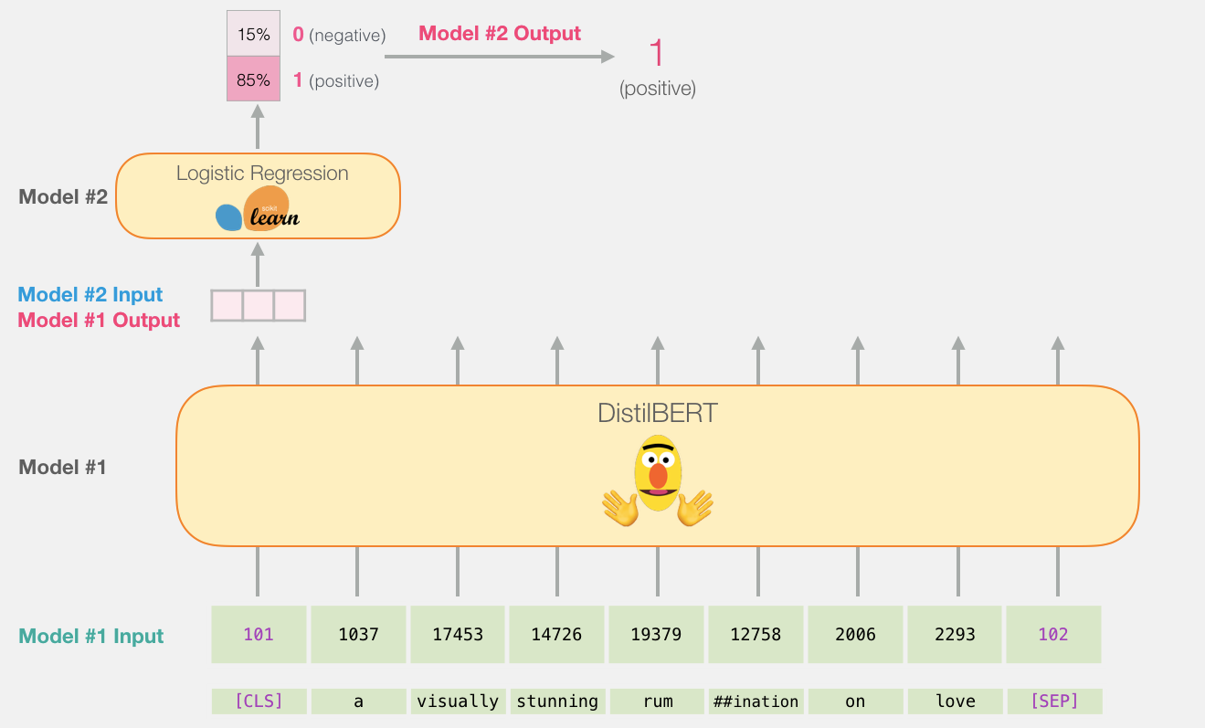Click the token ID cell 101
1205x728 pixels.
[x=258, y=634]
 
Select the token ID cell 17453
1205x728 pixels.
[x=457, y=634]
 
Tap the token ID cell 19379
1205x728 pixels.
[x=656, y=634]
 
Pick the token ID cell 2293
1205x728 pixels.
[x=955, y=634]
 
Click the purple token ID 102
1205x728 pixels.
[x=1053, y=634]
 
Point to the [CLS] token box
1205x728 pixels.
[x=259, y=702]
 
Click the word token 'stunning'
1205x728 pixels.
[x=557, y=702]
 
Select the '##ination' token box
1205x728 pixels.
[x=756, y=702]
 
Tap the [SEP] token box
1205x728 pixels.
[x=1053, y=702]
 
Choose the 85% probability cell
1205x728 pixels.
[x=252, y=79]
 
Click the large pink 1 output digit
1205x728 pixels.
[x=656, y=55]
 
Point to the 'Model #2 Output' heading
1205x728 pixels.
[x=500, y=34]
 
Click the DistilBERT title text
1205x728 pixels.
[x=658, y=413]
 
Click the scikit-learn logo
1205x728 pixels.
[x=258, y=210]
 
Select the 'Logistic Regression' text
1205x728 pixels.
[x=262, y=173]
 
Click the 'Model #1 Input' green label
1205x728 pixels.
[x=91, y=637]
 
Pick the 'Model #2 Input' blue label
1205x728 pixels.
[x=90, y=294]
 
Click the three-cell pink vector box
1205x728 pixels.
[x=258, y=305]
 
